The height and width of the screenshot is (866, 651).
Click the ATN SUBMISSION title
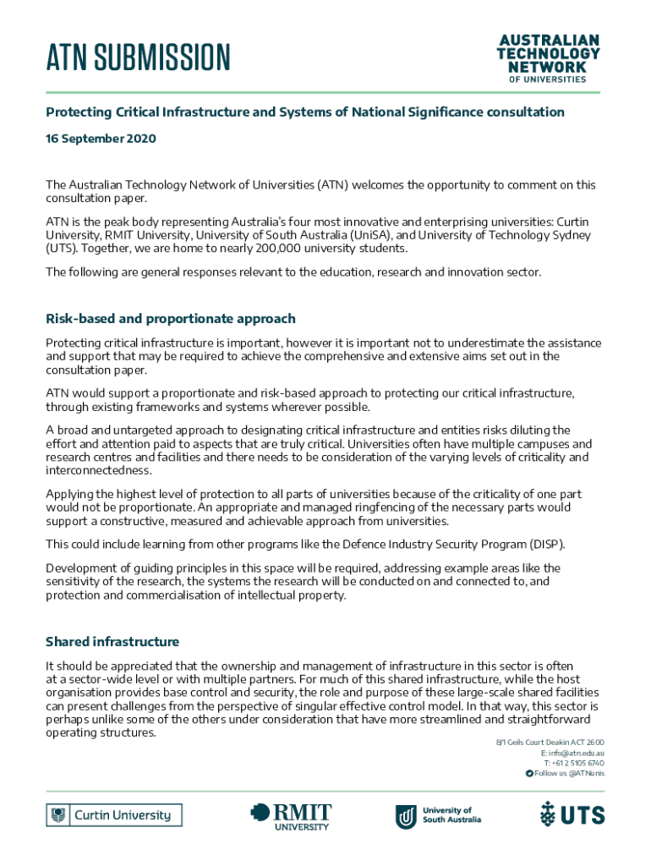pos(138,58)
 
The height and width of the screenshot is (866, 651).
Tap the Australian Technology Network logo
pos(548,58)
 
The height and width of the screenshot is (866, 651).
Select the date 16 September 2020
pos(101,138)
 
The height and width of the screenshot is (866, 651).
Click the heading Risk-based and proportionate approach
pos(171,319)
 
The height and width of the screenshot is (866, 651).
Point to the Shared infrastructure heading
pos(112,642)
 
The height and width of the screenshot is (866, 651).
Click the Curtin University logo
pos(114,815)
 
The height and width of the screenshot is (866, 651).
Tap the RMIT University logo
pos(292,816)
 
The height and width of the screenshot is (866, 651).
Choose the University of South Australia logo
pos(439,815)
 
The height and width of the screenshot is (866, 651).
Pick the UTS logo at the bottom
pos(572,815)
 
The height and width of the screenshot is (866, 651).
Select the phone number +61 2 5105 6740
pos(578,763)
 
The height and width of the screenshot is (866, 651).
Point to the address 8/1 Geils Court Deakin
pos(550,743)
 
